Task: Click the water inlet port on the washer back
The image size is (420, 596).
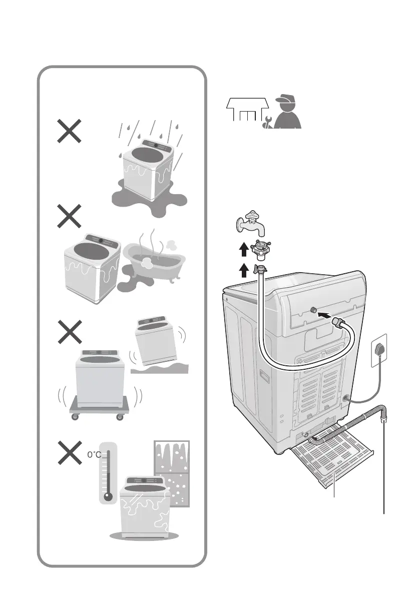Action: (x=314, y=311)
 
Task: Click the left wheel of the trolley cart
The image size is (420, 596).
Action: (x=75, y=417)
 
